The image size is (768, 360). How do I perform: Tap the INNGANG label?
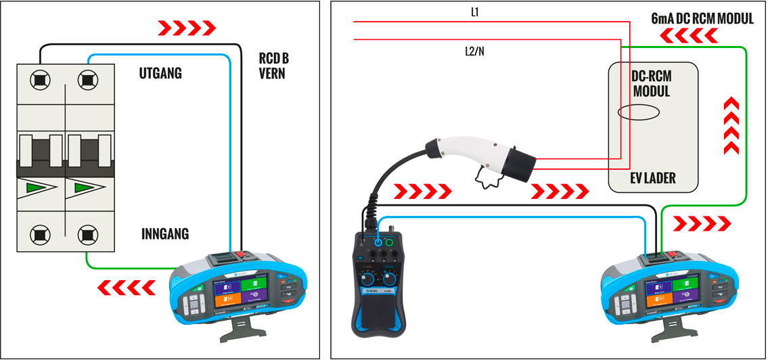tap(165, 234)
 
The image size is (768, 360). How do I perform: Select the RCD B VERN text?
tap(273, 66)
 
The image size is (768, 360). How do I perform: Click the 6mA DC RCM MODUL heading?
tap(702, 19)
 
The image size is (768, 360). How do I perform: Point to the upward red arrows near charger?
tap(731, 126)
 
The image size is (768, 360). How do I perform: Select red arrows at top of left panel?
tap(187, 28)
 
